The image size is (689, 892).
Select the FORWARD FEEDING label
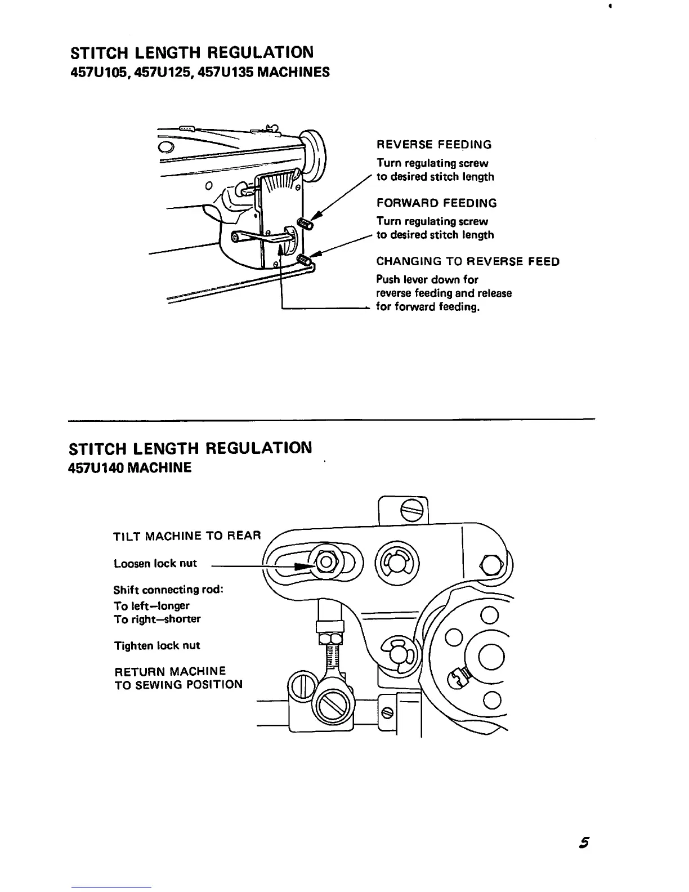click(436, 203)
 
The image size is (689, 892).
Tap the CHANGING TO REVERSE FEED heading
click(467, 261)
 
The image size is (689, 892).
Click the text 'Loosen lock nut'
click(155, 564)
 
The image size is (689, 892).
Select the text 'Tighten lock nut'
click(157, 645)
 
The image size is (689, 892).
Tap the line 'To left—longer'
click(151, 605)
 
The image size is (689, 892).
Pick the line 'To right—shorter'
click(157, 619)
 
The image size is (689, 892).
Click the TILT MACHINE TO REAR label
click(187, 536)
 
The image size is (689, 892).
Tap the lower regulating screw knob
click(305, 261)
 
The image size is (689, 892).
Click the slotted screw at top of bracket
click(408, 511)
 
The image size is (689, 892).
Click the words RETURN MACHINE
click(170, 671)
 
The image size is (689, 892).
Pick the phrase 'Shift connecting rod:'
click(168, 590)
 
